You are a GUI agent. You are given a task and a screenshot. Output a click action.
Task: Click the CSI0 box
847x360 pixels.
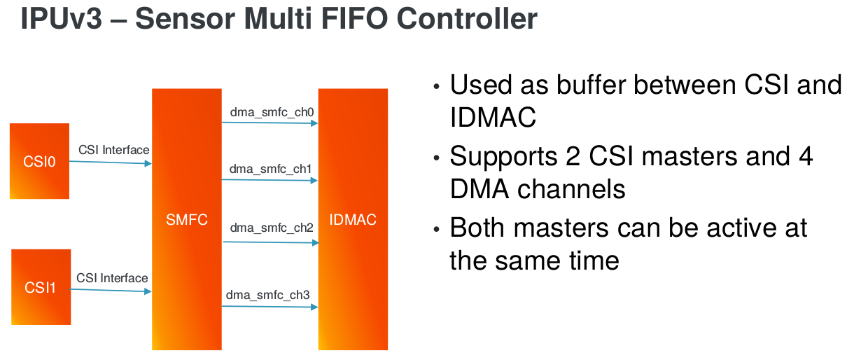tap(39, 161)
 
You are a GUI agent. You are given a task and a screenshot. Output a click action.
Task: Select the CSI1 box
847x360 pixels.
tap(41, 287)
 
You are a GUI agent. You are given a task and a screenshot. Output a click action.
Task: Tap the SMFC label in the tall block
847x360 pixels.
tap(187, 220)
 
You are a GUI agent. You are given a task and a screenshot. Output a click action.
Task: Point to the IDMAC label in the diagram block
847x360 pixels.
tap(353, 220)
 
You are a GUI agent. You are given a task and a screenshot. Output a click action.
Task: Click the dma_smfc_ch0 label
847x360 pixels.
tap(272, 112)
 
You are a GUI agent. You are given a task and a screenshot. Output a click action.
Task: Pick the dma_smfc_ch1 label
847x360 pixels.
tap(270, 169)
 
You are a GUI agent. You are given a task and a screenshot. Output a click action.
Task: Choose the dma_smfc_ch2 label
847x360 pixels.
tap(272, 228)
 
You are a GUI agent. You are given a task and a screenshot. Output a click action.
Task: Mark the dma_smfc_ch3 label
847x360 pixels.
tap(267, 295)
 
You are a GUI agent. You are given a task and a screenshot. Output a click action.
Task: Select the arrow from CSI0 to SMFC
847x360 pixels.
tap(111, 162)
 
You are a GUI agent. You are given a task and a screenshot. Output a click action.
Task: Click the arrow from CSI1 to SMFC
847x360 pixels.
tap(111, 291)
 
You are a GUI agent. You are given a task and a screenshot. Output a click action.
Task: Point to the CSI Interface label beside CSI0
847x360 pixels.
tap(114, 150)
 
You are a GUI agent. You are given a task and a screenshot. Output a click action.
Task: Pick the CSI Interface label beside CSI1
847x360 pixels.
tap(112, 278)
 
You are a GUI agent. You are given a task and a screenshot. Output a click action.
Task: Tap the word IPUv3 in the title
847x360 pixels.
tap(62, 18)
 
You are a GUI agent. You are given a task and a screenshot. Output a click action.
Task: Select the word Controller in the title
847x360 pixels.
tap(467, 18)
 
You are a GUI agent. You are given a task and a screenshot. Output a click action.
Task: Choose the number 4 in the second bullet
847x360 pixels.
tap(806, 156)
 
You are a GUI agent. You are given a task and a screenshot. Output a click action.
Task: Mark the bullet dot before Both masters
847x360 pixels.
tap(437, 229)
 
